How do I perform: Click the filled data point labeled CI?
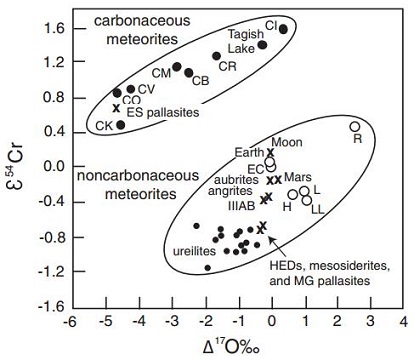pos(283,29)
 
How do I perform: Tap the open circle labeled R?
pos(354,127)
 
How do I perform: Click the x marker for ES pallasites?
pos(116,107)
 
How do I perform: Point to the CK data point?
pos(121,125)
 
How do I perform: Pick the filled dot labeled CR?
pos(216,56)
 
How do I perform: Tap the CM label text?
pos(162,72)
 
